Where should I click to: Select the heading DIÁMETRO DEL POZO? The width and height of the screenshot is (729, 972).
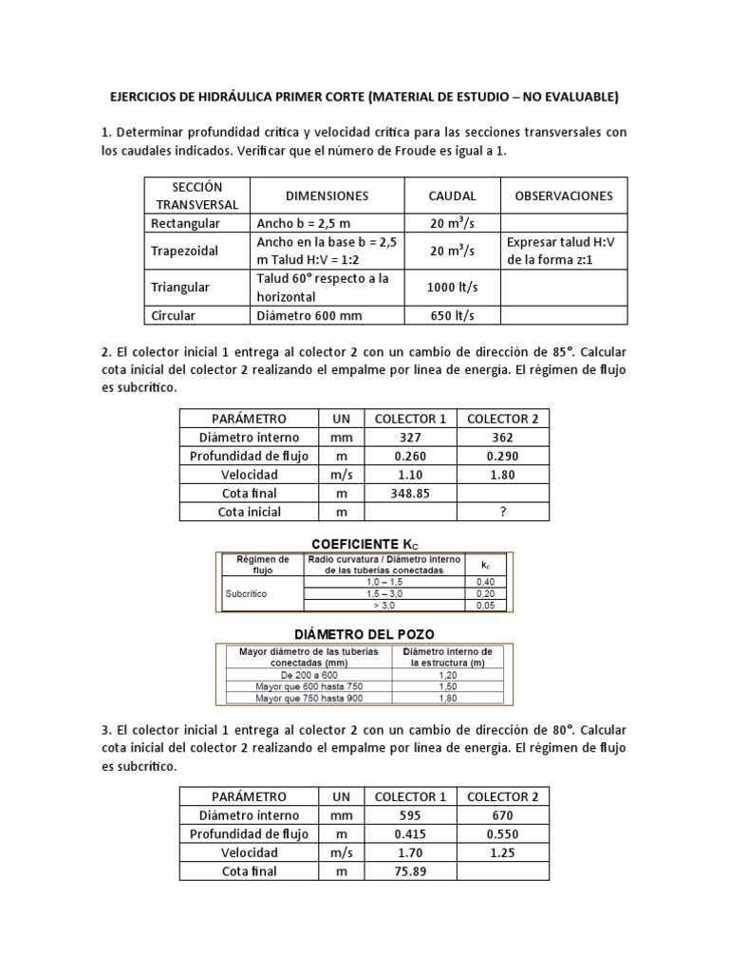(x=364, y=633)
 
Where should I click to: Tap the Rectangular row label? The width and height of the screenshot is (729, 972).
(x=185, y=223)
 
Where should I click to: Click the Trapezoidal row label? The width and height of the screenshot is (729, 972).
(x=185, y=252)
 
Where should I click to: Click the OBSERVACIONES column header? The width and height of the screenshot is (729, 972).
(x=563, y=196)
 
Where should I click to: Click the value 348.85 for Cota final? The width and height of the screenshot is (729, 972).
(x=410, y=493)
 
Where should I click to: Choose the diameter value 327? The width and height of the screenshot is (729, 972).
(x=410, y=438)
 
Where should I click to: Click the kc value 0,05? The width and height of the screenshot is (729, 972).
(x=485, y=605)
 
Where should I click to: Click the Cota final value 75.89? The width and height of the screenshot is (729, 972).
(x=410, y=870)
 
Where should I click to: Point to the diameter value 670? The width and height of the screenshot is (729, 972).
(x=503, y=815)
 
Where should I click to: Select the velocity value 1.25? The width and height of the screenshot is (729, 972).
(x=503, y=852)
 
